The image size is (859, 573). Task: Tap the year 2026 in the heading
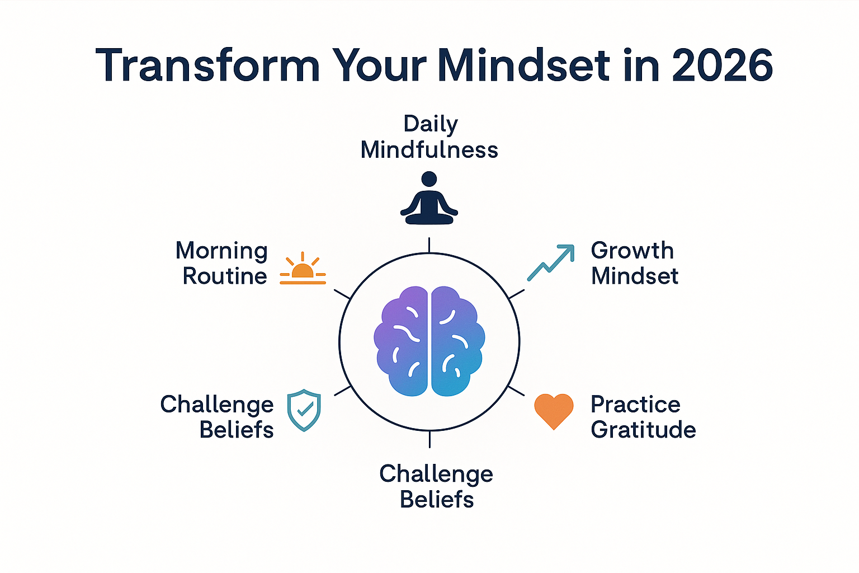[x=722, y=65]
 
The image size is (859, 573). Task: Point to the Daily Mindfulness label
[x=429, y=137]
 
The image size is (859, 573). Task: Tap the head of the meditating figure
[x=429, y=179]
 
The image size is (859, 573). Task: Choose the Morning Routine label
[x=223, y=263]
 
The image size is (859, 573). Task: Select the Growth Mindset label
[x=634, y=263]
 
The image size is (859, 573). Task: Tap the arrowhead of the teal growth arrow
[x=568, y=251]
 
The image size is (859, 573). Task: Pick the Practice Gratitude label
[x=643, y=417]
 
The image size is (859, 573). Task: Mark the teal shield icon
[x=304, y=411]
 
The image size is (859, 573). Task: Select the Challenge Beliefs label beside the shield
[x=218, y=417]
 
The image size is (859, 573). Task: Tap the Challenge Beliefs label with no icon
[x=436, y=486]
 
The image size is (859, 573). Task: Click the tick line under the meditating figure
[x=429, y=245]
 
